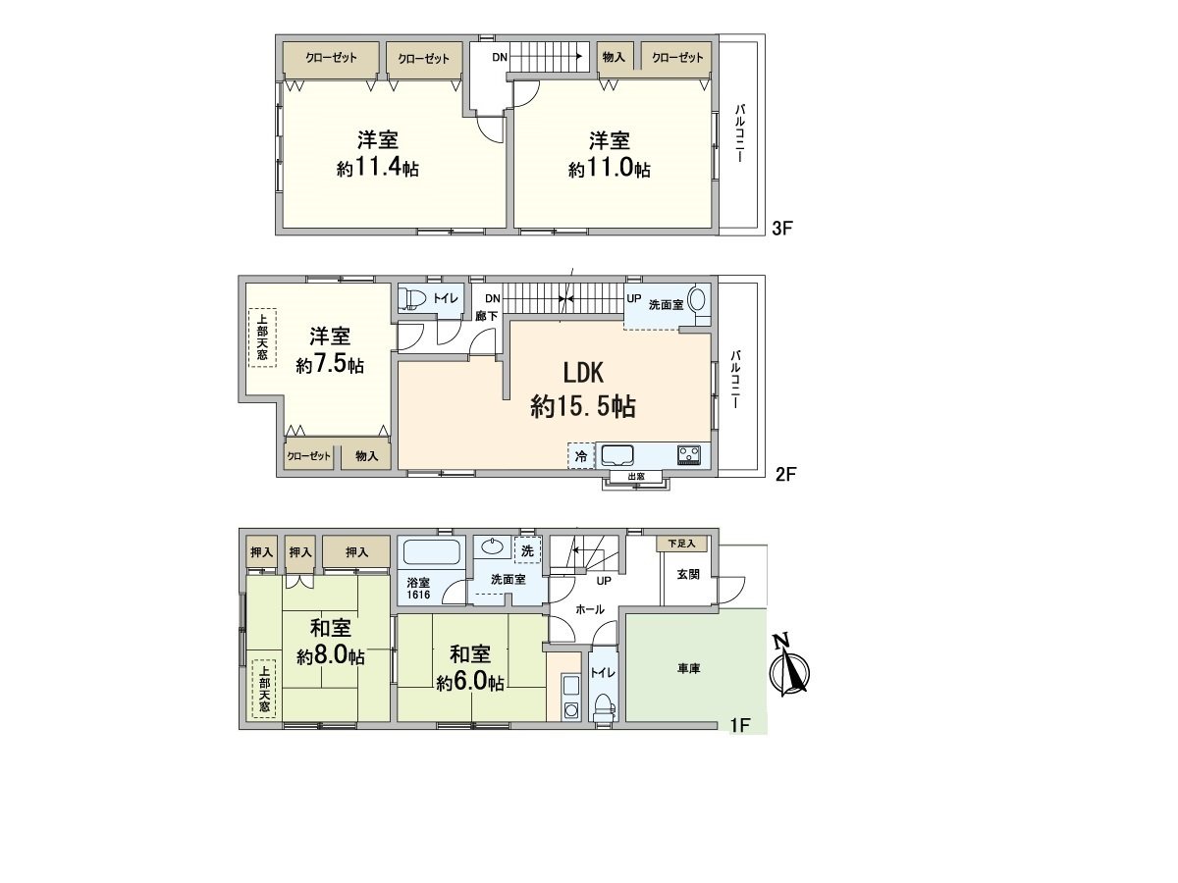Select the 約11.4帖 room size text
click(377, 169)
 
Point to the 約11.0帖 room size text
click(609, 169)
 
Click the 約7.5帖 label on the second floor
click(330, 365)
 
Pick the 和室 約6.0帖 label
click(469, 667)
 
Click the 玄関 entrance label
click(687, 575)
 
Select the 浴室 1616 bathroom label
click(418, 588)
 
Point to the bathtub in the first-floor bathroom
click(432, 551)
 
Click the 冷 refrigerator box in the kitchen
click(580, 456)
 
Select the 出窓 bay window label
click(636, 477)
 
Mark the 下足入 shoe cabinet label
click(681, 543)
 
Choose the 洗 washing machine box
click(527, 550)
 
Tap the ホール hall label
click(589, 609)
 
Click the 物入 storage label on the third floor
click(614, 58)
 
